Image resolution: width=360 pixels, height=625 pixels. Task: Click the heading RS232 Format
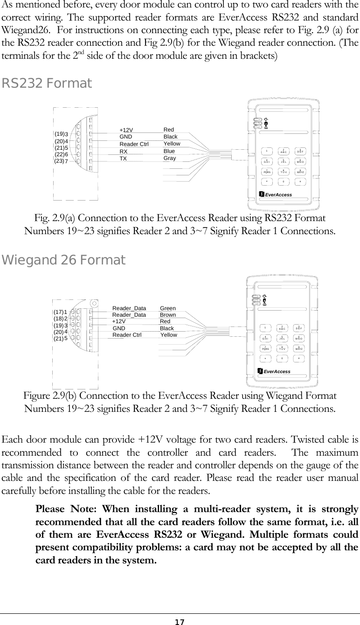(47, 84)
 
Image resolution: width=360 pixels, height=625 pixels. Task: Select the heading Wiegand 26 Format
(64, 260)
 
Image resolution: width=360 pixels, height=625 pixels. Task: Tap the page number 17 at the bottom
(180, 622)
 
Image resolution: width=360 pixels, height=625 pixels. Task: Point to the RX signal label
(124, 152)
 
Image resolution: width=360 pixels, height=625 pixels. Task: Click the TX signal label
(124, 159)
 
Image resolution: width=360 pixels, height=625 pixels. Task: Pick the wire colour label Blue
(169, 152)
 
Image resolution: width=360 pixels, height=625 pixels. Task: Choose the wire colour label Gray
(170, 159)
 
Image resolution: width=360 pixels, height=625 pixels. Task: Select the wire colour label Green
(168, 308)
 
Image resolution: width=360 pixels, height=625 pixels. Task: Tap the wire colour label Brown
(168, 315)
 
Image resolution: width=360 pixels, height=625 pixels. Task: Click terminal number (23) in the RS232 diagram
(59, 161)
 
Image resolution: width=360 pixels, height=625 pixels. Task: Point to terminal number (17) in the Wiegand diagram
(58, 312)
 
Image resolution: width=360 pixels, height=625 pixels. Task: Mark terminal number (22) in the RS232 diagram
(59, 154)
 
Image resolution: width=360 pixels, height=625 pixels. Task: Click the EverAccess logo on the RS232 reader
(278, 194)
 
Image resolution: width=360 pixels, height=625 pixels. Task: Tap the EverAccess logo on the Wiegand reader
(277, 371)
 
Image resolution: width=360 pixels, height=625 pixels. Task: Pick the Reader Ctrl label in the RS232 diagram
(134, 144)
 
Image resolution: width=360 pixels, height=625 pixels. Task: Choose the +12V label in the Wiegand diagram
(119, 322)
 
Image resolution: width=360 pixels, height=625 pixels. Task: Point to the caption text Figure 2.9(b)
(52, 396)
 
